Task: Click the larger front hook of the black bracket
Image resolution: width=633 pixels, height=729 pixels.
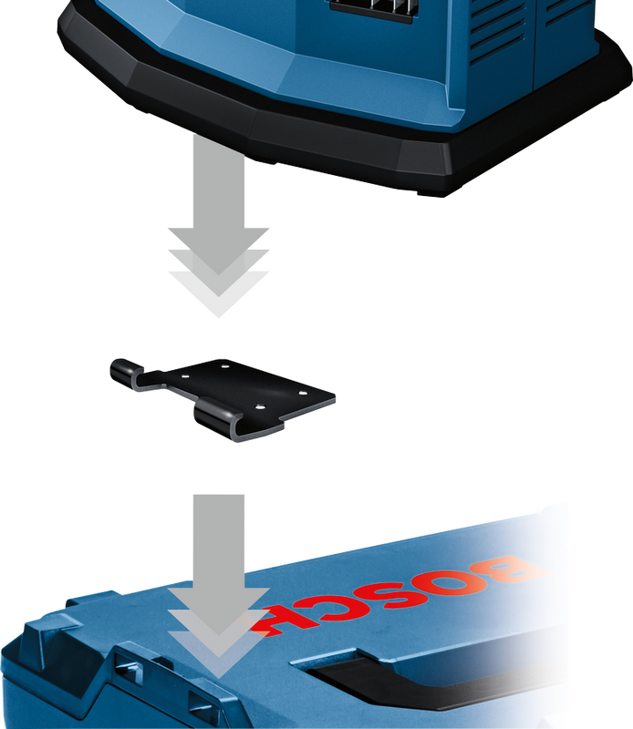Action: [218, 421]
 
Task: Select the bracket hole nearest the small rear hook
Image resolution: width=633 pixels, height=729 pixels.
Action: [184, 375]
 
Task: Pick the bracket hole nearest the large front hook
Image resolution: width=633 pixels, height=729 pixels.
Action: [260, 407]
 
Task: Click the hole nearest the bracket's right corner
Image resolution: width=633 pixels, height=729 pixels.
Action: [303, 394]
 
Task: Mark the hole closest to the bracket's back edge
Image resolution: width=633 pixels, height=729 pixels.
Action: [224, 366]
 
